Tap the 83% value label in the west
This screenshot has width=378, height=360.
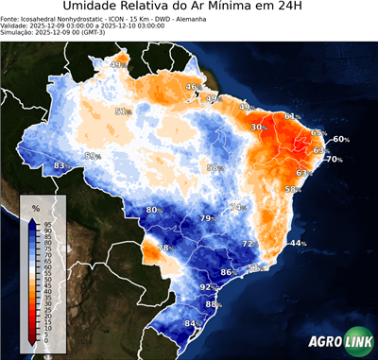[x=60, y=166]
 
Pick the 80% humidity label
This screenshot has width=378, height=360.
[x=153, y=210]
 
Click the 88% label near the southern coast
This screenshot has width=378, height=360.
[x=213, y=304]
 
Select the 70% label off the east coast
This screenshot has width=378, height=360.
[x=335, y=160]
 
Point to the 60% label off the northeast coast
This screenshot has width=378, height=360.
[x=341, y=139]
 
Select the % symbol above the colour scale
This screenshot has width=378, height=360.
[x=35, y=207]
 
